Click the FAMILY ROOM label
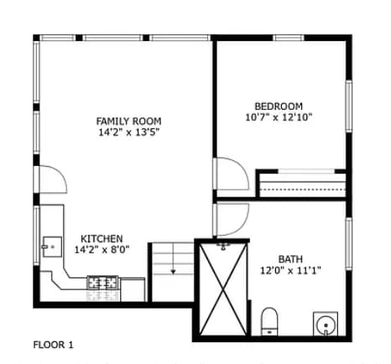128,122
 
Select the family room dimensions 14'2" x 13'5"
128,133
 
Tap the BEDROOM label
279,106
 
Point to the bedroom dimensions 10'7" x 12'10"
279,117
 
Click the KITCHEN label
102,238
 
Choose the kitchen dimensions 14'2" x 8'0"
102,249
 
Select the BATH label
291,258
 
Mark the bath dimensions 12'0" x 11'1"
291,270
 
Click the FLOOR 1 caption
54,344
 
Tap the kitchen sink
51,247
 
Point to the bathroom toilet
269,321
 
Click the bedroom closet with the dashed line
302,185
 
